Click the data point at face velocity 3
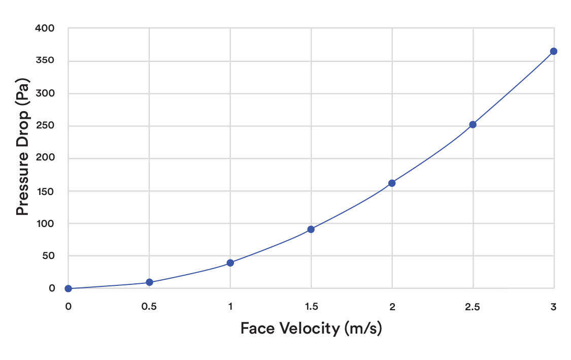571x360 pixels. pos(554,51)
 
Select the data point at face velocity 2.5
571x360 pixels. pos(473,124)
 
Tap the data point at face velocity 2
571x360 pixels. pos(392,183)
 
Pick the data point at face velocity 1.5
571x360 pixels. pos(311,229)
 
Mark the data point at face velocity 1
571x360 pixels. pos(230,263)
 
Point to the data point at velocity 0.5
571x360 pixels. pos(149,282)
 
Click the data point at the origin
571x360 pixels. pos(68,288)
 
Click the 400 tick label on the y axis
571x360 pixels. pos(45,28)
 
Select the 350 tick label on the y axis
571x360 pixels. pos(45,60)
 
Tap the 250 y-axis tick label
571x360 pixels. pos(45,125)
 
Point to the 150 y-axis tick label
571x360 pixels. pos(45,191)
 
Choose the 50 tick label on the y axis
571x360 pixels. pos(48,256)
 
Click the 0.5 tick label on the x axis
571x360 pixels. pos(149,307)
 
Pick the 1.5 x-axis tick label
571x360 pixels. pos(311,307)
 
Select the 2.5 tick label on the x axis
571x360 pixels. pos(473,307)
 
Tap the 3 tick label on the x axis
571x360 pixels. pos(554,307)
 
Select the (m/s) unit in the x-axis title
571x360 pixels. pos(363,329)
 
